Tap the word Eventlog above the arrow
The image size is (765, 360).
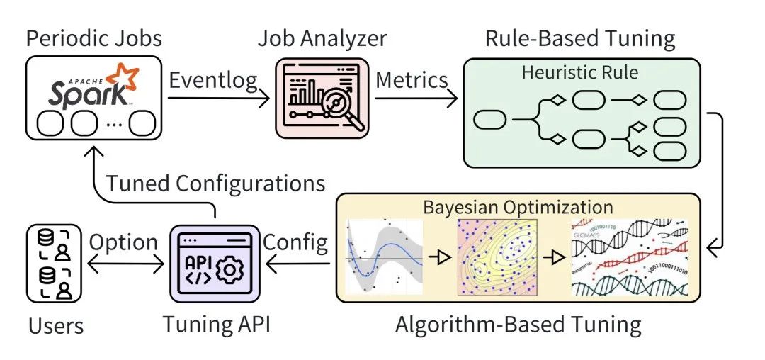tap(213, 80)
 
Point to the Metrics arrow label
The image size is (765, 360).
tap(412, 80)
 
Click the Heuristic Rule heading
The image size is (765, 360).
tap(579, 72)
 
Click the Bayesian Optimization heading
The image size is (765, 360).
tap(518, 207)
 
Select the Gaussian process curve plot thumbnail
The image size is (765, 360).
tap(383, 256)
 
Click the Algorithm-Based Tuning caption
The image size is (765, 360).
tap(518, 324)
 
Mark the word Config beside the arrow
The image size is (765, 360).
tap(296, 242)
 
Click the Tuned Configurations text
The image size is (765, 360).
tap(215, 183)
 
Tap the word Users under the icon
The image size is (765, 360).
tap(56, 325)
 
